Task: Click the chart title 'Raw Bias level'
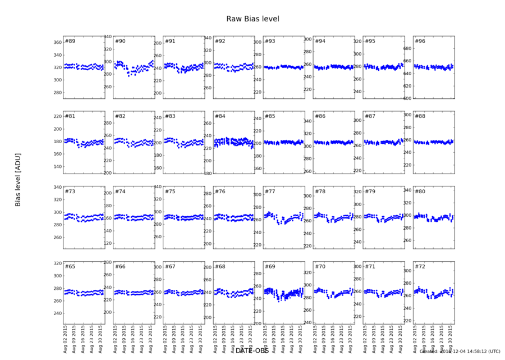click(252, 19)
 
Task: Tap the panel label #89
click(70, 42)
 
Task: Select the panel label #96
click(420, 42)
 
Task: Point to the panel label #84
click(221, 116)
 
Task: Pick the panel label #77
click(270, 192)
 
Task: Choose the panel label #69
click(270, 266)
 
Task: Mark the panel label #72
click(420, 266)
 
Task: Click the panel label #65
click(70, 266)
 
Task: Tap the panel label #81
click(70, 116)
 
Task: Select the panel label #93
click(270, 42)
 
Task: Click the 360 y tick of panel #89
click(57, 43)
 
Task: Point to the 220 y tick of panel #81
click(57, 117)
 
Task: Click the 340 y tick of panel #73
click(57, 188)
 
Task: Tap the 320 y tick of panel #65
click(57, 263)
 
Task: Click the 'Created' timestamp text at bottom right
click(460, 352)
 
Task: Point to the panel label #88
click(420, 116)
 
